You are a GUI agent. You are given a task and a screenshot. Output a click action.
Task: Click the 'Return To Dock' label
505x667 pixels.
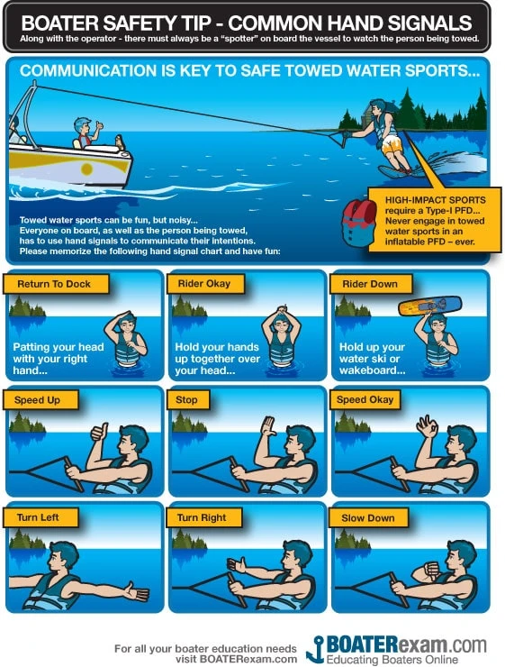(47, 284)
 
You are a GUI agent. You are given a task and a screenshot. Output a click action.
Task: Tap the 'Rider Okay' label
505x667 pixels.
(203, 284)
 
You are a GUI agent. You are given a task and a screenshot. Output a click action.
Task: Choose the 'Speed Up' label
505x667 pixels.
(37, 400)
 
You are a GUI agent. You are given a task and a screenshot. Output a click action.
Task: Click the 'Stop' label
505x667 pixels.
(187, 400)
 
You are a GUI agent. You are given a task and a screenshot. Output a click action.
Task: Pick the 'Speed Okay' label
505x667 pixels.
(365, 400)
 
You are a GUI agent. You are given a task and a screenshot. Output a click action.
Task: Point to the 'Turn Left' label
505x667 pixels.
(37, 517)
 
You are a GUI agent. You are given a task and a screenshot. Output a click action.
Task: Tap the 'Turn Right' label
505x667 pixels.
(202, 517)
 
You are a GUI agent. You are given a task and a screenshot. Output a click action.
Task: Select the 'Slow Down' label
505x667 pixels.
(368, 517)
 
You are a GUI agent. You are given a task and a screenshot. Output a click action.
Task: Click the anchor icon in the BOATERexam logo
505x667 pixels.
(315, 648)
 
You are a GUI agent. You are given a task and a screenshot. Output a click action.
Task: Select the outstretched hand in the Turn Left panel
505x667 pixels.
(138, 592)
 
